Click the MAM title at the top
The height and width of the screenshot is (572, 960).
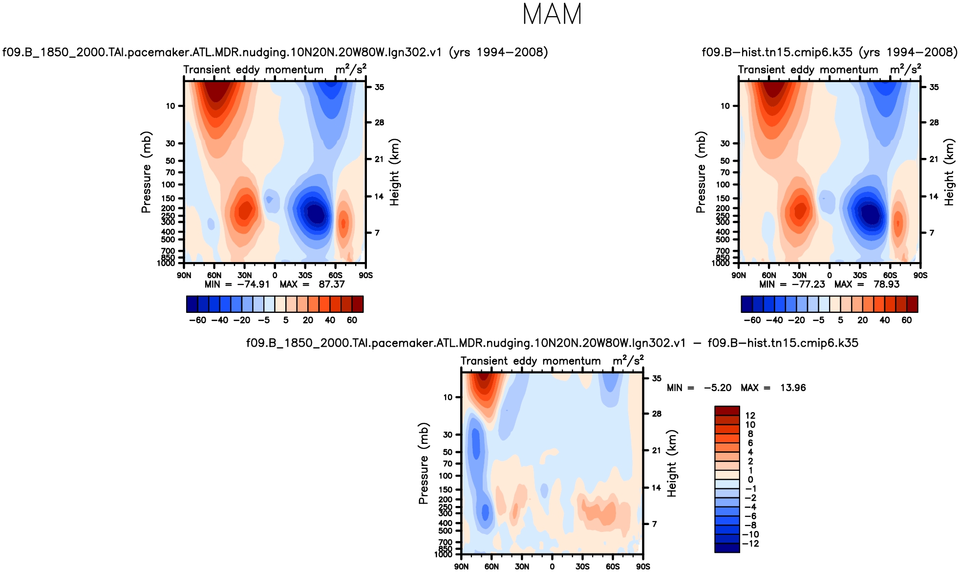tap(552, 15)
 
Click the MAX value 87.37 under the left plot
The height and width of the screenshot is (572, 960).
tap(332, 285)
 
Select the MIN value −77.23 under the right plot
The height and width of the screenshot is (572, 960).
tap(808, 285)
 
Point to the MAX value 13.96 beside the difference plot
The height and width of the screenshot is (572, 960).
tap(793, 388)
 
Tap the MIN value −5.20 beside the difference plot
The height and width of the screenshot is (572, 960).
tap(717, 388)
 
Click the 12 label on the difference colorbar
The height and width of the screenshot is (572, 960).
tap(750, 416)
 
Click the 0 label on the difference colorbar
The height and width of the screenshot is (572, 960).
tap(750, 480)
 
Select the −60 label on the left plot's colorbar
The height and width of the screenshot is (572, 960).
tap(197, 320)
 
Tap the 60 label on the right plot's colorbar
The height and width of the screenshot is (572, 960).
tap(907, 320)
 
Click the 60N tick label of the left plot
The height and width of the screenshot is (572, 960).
tap(214, 275)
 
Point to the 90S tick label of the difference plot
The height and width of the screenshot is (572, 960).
tap(643, 567)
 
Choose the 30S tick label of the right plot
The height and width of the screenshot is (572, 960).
tap(860, 275)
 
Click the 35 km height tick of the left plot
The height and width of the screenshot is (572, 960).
tap(379, 87)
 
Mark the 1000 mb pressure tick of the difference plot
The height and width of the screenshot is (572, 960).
tap(443, 554)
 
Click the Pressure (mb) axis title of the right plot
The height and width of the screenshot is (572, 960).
tap(701, 172)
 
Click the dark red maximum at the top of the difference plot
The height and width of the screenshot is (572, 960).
tap(484, 376)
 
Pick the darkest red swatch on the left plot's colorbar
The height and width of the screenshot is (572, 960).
tap(358, 304)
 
